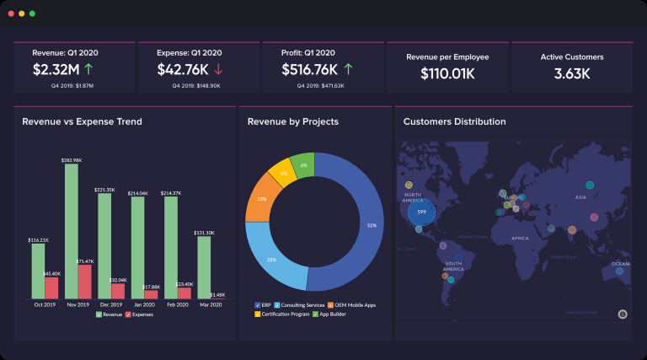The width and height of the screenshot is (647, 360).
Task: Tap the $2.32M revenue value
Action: pos(56,69)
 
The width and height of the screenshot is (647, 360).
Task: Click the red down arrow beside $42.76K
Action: pos(218,69)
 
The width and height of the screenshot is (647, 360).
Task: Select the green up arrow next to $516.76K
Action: pos(348,69)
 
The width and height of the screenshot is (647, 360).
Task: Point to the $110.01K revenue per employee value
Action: pos(447,73)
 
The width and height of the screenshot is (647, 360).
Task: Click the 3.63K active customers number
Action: pos(571,73)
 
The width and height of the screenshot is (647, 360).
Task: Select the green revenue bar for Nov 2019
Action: pos(72,231)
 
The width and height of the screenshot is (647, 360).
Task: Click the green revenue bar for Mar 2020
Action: pos(204,267)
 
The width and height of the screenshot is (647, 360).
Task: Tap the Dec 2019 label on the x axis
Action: pos(110,305)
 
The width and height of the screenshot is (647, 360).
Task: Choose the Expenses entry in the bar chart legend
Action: pos(140,314)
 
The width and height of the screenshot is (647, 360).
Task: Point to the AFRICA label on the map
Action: pos(520,239)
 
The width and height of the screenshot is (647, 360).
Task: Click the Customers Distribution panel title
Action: pos(454,121)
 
